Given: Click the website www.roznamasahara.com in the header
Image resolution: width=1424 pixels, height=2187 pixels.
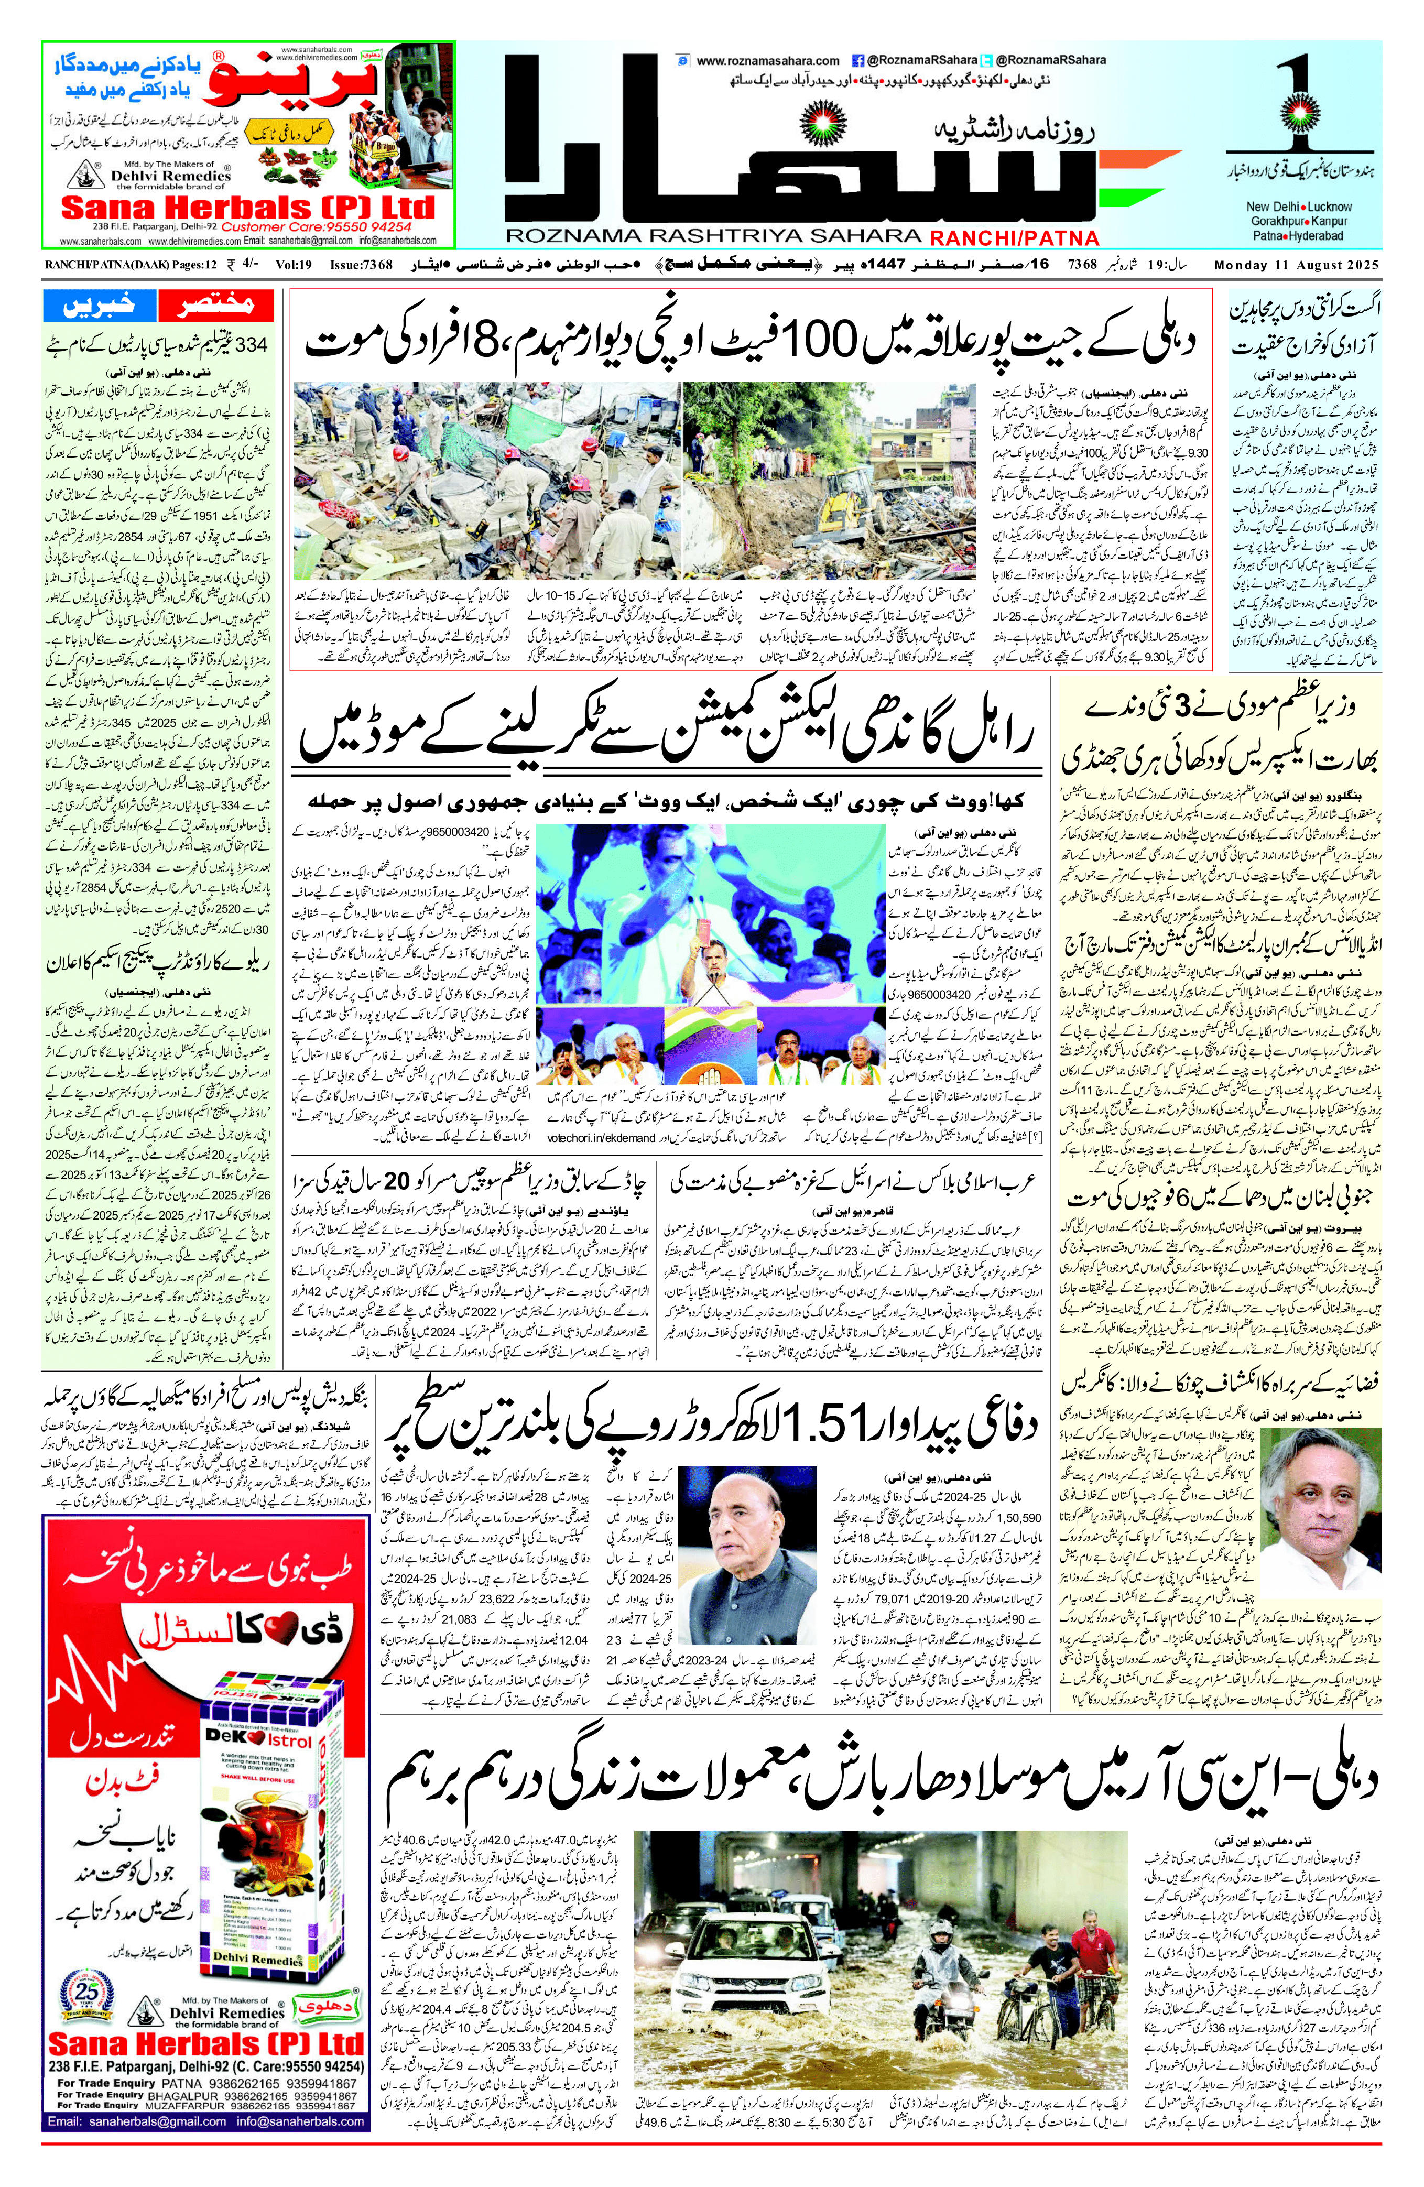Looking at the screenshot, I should (768, 61).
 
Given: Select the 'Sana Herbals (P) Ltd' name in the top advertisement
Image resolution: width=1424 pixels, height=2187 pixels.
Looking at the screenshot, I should (247, 207).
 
